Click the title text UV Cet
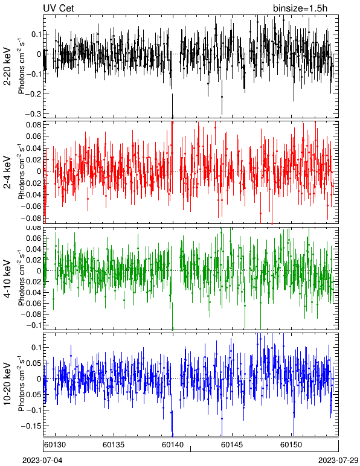tap(59, 8)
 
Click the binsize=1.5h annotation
tap(300, 8)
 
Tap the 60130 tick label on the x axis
tap(55, 445)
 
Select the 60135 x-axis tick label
tap(114, 445)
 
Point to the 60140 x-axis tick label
tap(173, 445)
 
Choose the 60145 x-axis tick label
tap(232, 445)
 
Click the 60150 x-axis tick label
tap(291, 445)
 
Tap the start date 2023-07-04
tap(42, 461)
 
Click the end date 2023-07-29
tap(338, 461)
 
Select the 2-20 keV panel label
tap(7, 66)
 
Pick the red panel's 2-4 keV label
tap(7, 173)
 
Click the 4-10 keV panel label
tap(7, 279)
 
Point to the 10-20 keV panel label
tap(7, 384)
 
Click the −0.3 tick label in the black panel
tap(33, 114)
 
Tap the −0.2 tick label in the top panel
tap(33, 94)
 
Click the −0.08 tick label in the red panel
tap(31, 218)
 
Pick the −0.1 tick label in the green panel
tap(33, 325)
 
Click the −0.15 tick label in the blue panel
tap(31, 426)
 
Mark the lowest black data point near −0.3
tap(172, 116)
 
